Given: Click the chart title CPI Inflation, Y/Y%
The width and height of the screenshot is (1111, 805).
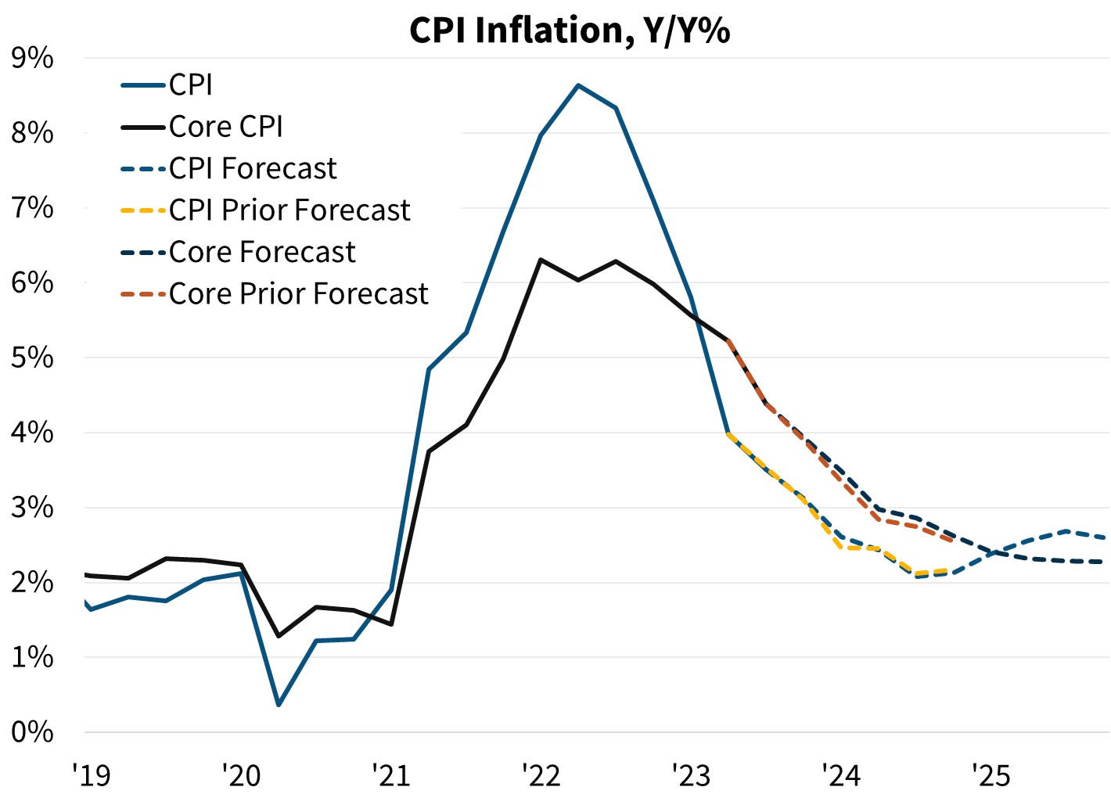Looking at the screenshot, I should (x=569, y=31).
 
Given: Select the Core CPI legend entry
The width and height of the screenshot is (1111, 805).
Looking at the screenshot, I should (x=225, y=127).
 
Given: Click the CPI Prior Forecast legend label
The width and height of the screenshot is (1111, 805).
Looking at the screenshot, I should (x=289, y=210).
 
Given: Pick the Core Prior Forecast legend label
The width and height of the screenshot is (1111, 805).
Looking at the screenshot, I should (x=298, y=294).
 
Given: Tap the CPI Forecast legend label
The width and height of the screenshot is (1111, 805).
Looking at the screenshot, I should (x=253, y=169).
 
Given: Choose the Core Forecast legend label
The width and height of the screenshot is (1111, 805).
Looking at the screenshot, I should (x=262, y=253).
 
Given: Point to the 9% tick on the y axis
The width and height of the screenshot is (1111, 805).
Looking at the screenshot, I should (x=32, y=59).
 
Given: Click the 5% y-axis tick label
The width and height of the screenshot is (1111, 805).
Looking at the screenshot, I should (x=32, y=358).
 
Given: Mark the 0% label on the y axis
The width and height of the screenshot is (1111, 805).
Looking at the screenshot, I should (x=32, y=732).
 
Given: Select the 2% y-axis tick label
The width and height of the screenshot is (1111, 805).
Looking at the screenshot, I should (x=32, y=583).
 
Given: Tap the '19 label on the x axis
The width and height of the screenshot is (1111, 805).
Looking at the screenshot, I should (x=92, y=775).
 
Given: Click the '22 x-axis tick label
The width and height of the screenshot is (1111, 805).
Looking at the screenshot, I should (x=541, y=775).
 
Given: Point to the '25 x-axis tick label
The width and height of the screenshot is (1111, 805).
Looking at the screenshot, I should (x=991, y=775).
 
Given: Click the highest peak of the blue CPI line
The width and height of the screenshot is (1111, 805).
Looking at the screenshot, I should (x=578, y=85).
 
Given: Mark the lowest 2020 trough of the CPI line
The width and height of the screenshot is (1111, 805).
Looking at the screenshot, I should (x=279, y=705).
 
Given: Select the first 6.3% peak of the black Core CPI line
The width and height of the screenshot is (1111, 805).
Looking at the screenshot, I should (x=541, y=260).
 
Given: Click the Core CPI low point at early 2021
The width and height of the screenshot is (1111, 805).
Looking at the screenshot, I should (x=391, y=624).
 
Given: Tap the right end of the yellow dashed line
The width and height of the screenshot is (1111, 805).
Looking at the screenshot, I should (x=949, y=570).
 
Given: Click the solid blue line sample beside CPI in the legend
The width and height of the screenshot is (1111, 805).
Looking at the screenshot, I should (x=144, y=85).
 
